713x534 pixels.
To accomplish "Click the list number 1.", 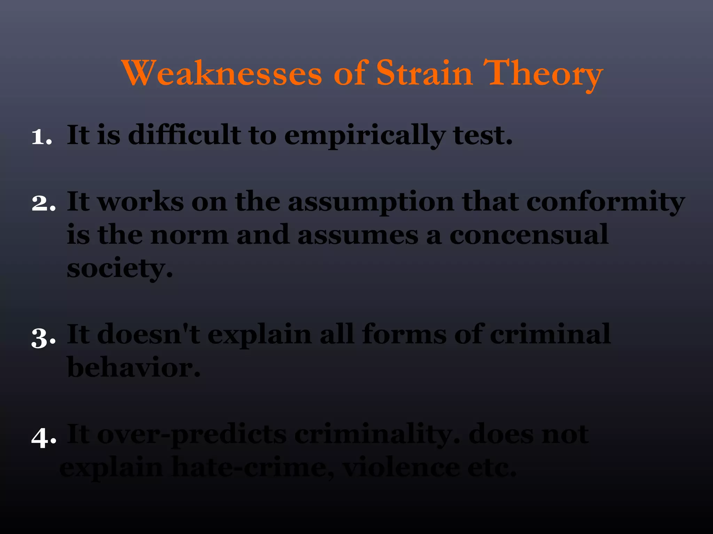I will [x=41, y=136].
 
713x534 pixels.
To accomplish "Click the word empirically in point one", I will [x=364, y=136].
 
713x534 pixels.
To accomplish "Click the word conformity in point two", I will [x=605, y=202].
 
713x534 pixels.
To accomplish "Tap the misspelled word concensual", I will [x=529, y=235].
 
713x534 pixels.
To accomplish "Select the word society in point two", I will [x=119, y=268].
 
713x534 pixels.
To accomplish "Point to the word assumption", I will [x=371, y=202].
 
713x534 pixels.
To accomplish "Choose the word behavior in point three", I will [x=133, y=367].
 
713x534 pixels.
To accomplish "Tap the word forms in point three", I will [x=404, y=334].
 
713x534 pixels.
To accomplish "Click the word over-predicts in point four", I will [x=191, y=435].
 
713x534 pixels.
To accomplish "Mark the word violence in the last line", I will [x=401, y=468].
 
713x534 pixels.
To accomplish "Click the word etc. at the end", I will [x=491, y=468].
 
